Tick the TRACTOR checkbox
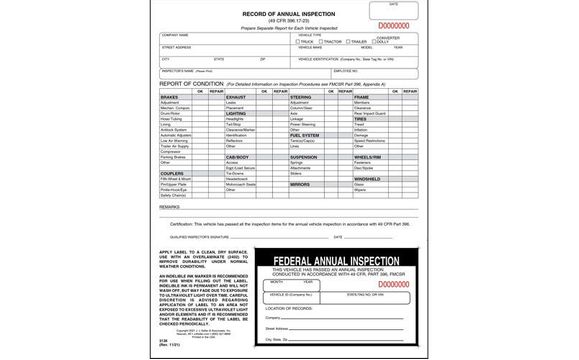(317, 42)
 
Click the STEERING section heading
(300, 97)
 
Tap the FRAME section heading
(361, 97)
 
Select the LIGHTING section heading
(237, 114)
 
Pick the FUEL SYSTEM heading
(304, 135)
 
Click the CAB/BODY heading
(237, 157)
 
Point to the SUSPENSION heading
(303, 157)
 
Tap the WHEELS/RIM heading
(368, 157)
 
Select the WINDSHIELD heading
(367, 179)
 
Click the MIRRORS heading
(299, 185)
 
